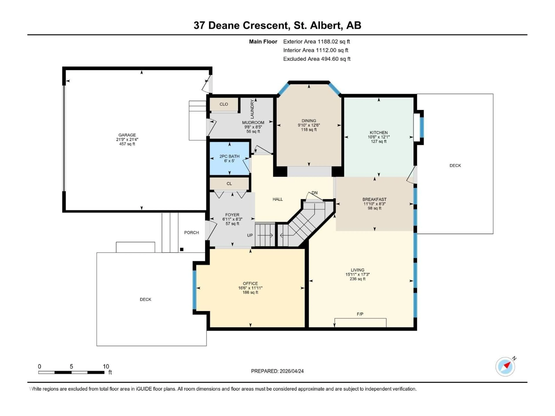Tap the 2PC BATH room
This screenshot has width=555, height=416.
229,158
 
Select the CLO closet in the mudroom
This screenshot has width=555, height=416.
224,104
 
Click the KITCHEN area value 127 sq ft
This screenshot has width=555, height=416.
379,141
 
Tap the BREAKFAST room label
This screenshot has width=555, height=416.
374,199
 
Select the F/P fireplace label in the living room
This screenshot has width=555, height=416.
360,314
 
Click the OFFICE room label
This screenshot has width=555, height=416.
250,283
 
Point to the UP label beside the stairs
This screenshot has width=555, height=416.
250,235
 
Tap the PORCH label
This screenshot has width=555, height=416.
192,232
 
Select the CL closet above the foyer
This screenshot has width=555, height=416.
229,184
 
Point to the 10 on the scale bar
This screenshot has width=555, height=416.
106,366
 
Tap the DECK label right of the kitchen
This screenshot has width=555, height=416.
455,166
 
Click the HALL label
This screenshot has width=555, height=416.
277,199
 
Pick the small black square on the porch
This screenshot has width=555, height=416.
182,249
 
